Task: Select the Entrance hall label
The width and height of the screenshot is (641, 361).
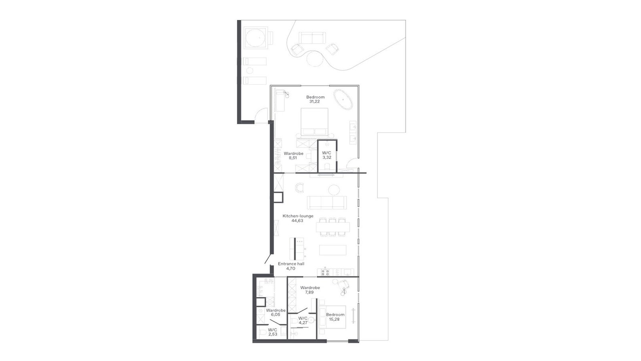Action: click(291, 264)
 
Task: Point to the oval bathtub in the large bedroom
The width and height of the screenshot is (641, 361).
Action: click(343, 99)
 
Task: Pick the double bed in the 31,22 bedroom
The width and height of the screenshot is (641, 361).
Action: click(314, 122)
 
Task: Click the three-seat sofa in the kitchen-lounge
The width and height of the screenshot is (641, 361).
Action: click(327, 202)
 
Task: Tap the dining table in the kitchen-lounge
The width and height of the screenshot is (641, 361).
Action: click(333, 227)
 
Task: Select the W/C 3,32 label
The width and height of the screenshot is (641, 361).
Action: click(327, 155)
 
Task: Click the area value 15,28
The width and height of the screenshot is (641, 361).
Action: click(334, 319)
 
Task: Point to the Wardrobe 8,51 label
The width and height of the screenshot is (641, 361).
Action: click(293, 156)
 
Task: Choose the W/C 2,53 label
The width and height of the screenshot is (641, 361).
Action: click(272, 332)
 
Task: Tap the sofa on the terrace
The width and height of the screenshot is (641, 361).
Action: click(312, 38)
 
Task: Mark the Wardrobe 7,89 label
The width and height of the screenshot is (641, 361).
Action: click(310, 290)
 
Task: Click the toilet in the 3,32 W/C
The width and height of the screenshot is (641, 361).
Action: click(327, 166)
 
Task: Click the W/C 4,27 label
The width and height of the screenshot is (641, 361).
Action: click(303, 320)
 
